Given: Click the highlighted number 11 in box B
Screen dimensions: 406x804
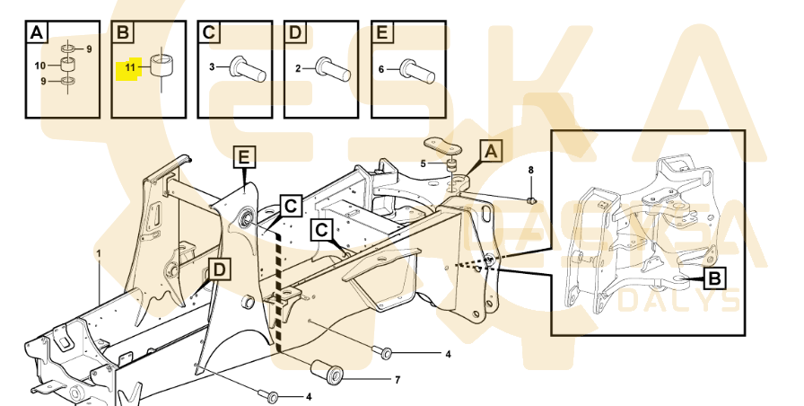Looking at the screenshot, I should pos(130,67).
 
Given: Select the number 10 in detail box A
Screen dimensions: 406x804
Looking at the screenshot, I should pos(39,66).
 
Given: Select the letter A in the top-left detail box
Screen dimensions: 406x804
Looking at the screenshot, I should pos(36,34).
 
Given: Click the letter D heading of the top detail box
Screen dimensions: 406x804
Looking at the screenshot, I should pos(295,34).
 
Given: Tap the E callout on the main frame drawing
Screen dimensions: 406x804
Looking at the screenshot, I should pos(244,159).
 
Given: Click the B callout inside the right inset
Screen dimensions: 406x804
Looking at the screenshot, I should pos(713,279).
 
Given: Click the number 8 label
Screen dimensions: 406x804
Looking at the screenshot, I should pos(530,170).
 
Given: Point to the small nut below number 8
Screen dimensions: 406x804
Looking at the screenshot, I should pos(532,199).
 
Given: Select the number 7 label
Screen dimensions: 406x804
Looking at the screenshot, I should pos(398,380).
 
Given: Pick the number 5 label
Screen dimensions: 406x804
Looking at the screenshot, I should pos(424,163).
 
